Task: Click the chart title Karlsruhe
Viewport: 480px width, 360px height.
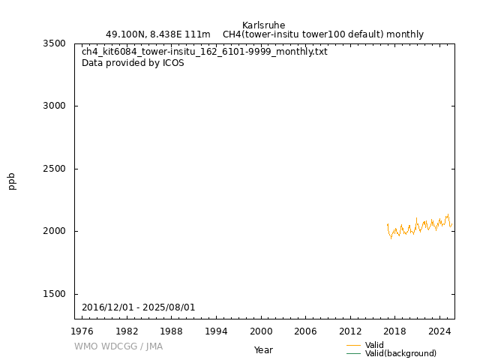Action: pos(263,25)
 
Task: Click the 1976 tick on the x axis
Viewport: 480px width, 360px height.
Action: pos(82,331)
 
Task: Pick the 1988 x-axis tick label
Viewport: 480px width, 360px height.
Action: pos(172,331)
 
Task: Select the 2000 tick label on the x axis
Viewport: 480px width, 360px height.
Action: pos(261,331)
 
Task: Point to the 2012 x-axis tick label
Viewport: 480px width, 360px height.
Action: pos(350,331)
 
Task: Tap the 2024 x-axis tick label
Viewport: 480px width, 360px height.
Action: pos(439,331)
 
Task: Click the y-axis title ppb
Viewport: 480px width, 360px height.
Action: pos(12,181)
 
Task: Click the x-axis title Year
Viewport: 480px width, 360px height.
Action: pos(263,350)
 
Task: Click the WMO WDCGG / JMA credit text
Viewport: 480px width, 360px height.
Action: pos(118,346)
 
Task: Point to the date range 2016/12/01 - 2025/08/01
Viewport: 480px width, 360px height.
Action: pos(139,307)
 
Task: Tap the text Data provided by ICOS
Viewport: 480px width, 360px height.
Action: pos(133,63)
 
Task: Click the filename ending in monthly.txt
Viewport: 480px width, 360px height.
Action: pos(205,52)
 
